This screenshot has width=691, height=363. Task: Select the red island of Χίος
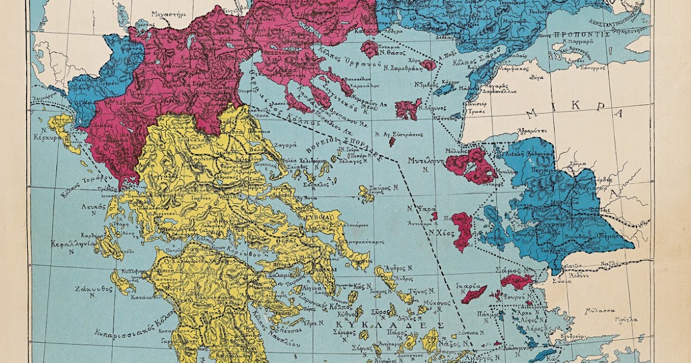462,230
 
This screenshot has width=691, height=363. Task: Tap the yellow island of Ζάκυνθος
122,282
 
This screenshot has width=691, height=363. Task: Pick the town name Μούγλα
627,319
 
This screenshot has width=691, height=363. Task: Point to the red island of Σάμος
516,281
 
